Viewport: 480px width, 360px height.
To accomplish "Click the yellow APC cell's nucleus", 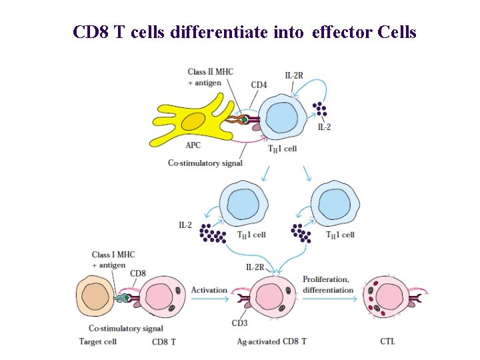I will pyautogui.click(x=193, y=122).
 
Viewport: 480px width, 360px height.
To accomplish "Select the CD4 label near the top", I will pyautogui.click(x=259, y=85).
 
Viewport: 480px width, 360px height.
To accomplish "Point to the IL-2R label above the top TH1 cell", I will pyautogui.click(x=294, y=76).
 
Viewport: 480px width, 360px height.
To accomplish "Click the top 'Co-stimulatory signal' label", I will pyautogui.click(x=205, y=163).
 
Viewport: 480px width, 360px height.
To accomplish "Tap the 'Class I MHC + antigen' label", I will pyautogui.click(x=108, y=260).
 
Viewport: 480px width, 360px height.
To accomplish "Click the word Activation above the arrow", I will pyautogui.click(x=209, y=290).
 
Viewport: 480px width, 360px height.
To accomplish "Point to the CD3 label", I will pyautogui.click(x=240, y=325).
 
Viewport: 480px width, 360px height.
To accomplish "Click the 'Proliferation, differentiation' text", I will pyautogui.click(x=328, y=285).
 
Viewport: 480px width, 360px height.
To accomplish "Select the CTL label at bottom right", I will pyautogui.click(x=387, y=341).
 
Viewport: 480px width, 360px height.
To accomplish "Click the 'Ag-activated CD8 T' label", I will pyautogui.click(x=272, y=341).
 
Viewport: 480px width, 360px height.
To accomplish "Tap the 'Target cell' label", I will pyautogui.click(x=98, y=341).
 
